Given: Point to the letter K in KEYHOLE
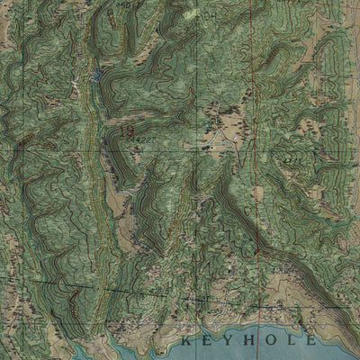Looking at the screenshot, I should coord(184,342).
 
